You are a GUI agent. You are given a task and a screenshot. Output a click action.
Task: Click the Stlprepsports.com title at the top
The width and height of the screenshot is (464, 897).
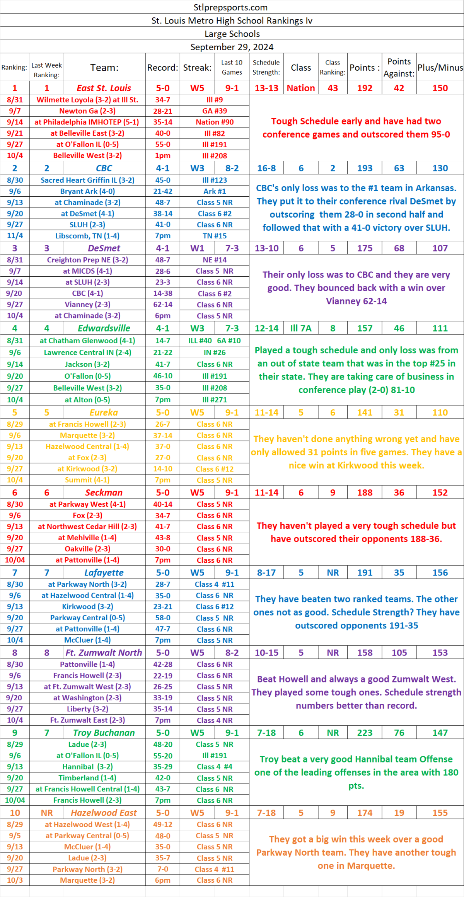[x=230, y=7]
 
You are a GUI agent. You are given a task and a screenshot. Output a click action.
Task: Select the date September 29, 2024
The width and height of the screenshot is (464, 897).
[x=232, y=47]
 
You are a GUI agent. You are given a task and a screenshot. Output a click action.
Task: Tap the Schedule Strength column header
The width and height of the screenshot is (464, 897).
[x=266, y=67]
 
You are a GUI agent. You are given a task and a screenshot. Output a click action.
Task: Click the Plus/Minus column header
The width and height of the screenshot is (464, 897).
[x=440, y=68]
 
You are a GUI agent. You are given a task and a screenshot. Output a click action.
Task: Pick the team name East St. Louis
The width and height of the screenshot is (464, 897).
[x=104, y=88]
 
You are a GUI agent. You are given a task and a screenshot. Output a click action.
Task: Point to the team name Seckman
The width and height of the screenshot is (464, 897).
[x=104, y=492]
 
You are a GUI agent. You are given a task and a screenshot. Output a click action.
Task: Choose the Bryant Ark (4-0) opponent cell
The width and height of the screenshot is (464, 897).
[x=87, y=191]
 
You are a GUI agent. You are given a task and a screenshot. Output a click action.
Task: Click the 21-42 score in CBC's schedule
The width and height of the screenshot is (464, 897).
[x=163, y=191]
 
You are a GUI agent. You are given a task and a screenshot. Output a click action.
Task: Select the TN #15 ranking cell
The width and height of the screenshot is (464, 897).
[x=215, y=236]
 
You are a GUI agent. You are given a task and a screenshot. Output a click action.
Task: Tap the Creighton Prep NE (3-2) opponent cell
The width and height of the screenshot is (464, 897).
[x=87, y=260]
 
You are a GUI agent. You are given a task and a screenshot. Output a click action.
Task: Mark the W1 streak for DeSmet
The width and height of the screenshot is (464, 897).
[x=197, y=248]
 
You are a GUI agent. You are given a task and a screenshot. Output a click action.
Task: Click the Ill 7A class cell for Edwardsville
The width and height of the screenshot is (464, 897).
[x=301, y=328]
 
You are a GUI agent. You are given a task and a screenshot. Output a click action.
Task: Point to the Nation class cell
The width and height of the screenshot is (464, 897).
[x=301, y=88]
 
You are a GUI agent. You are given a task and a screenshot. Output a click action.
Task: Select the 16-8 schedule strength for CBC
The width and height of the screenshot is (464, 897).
[x=266, y=168]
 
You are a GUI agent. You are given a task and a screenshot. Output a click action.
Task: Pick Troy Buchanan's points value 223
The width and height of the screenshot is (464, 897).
[x=365, y=733]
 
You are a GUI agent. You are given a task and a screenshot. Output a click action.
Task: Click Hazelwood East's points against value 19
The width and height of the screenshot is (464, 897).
[x=399, y=813]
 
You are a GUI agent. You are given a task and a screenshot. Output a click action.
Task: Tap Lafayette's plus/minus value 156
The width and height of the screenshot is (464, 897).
[x=440, y=573]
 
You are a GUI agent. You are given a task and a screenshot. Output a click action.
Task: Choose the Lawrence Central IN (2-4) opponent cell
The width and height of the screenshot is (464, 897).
[x=87, y=352]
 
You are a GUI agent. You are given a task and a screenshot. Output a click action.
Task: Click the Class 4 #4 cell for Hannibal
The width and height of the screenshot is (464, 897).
[x=215, y=766]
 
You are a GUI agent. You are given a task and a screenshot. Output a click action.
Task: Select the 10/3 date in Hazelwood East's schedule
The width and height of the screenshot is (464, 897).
[x=15, y=880]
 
